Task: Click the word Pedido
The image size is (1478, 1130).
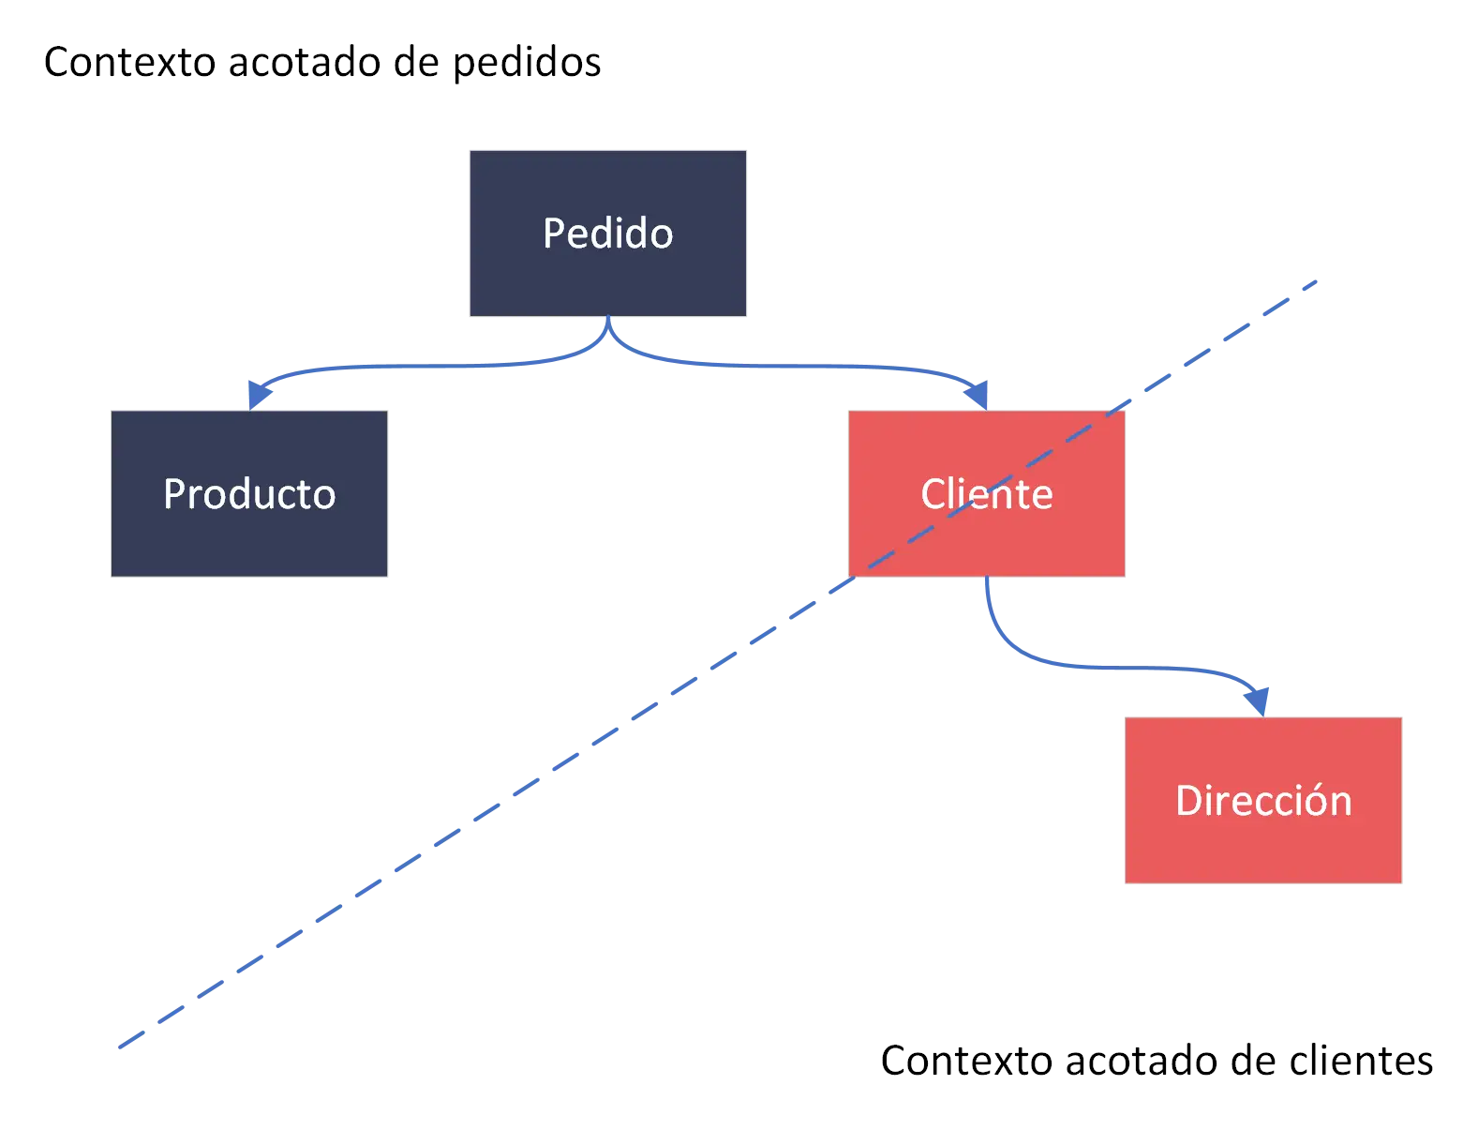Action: click(607, 234)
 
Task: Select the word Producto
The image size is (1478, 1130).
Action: click(249, 494)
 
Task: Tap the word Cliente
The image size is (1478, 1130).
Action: click(986, 494)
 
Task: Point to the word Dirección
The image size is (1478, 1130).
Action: click(1263, 801)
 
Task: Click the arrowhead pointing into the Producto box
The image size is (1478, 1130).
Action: click(256, 393)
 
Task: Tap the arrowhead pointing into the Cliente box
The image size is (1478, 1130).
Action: click(978, 393)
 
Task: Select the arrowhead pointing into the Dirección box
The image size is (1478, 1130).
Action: click(1257, 700)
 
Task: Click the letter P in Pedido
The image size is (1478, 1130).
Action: click(553, 234)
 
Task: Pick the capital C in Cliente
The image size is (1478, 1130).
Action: click(933, 494)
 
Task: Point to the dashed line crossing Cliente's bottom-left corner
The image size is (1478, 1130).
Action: click(855, 575)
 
